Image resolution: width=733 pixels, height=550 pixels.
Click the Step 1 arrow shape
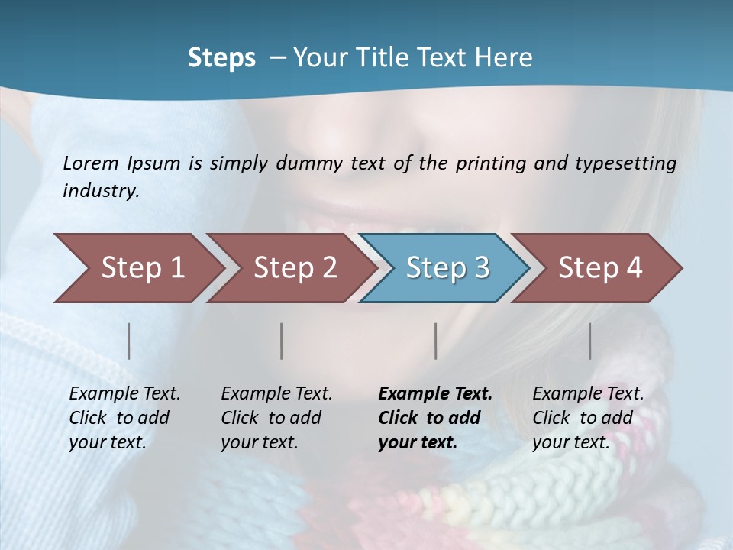click(x=142, y=267)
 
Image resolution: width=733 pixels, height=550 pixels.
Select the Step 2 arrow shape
click(x=295, y=267)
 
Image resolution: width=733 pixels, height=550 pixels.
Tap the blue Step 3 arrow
click(x=447, y=267)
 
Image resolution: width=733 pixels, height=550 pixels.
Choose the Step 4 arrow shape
click(x=600, y=267)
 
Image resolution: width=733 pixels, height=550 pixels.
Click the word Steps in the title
click(x=221, y=58)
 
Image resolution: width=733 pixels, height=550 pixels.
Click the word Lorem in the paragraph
click(x=91, y=163)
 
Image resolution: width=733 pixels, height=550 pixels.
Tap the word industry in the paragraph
click(x=101, y=191)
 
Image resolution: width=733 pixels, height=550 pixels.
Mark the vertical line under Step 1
click(x=129, y=341)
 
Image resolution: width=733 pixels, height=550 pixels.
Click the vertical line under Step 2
click(x=282, y=341)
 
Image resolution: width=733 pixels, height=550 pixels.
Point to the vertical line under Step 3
click(x=436, y=341)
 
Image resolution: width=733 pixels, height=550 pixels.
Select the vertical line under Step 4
click(x=590, y=341)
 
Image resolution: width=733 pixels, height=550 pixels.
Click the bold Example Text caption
click(x=435, y=418)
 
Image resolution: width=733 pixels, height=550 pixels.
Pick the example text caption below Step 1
click(x=124, y=418)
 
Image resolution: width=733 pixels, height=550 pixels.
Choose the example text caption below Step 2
click(x=276, y=418)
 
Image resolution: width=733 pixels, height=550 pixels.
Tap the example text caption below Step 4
click(x=588, y=418)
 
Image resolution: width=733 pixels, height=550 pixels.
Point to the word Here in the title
click(x=505, y=58)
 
